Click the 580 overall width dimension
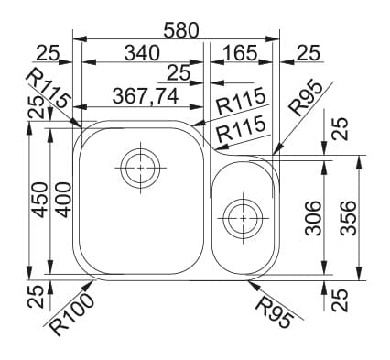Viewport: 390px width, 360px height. tap(181, 30)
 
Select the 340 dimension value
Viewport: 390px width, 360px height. tap(142, 53)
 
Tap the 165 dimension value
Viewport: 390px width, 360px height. tap(241, 53)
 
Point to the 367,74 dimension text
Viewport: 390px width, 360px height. tap(146, 96)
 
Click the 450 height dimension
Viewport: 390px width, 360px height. tap(40, 200)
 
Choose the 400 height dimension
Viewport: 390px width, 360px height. tap(63, 200)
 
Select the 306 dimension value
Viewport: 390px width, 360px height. tap(314, 218)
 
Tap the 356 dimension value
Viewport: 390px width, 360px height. tap(348, 218)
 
